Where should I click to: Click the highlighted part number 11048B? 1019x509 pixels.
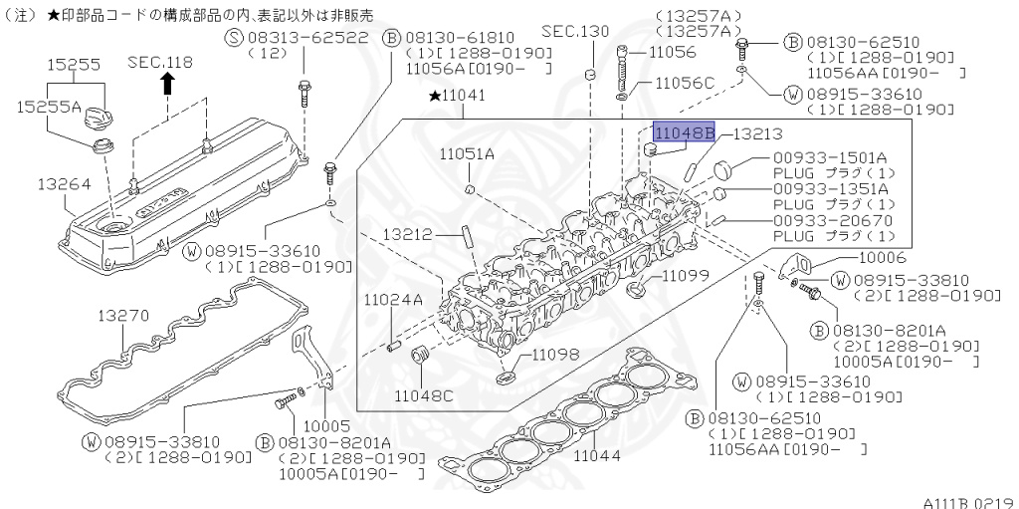coord(684,131)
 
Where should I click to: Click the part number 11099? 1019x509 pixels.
coord(685,274)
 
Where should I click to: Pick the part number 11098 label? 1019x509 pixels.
coord(553,354)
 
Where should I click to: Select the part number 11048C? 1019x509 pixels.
coord(423,395)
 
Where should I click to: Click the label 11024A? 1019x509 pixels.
coord(392,299)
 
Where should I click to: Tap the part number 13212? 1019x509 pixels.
coord(408,234)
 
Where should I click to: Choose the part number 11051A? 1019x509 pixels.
coord(467,153)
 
